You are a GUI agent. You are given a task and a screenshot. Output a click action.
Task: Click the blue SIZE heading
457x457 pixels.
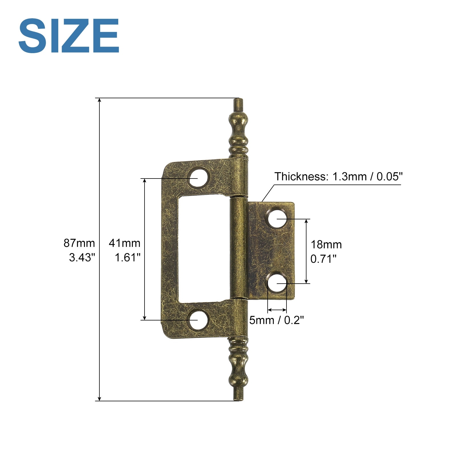tap(69, 35)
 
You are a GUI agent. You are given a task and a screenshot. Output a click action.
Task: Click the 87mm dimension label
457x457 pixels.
tap(79, 243)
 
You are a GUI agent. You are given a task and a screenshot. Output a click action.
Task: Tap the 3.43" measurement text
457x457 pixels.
tap(82, 258)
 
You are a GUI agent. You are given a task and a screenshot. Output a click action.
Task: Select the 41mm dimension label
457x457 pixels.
tap(125, 243)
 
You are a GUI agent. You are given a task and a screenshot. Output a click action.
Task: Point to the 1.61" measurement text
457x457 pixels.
tap(127, 258)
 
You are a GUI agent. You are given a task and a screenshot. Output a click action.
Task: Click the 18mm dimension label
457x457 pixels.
tap(326, 245)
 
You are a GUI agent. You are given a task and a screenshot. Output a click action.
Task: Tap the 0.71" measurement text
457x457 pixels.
tap(323, 259)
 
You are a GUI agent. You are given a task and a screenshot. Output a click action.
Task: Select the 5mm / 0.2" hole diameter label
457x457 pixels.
tap(276, 320)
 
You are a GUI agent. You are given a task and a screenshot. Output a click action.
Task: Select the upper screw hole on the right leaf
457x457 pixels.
tap(277, 219)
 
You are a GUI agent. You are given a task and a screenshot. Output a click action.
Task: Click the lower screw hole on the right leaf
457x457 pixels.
tap(277, 283)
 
